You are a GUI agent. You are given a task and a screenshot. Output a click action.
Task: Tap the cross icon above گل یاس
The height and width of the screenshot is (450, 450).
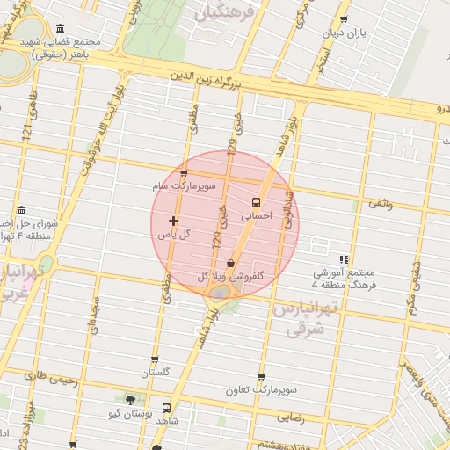tap(172, 220)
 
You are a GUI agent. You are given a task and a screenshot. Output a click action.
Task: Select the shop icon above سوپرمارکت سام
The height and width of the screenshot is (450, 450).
tap(185, 172)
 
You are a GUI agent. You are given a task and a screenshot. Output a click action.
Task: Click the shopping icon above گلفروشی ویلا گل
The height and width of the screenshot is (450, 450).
tap(230, 262)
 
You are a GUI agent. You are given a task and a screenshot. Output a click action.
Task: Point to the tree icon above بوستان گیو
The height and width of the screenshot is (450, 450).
tap(130, 400)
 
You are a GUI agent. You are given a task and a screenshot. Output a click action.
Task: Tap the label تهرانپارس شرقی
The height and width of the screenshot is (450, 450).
tap(299, 319)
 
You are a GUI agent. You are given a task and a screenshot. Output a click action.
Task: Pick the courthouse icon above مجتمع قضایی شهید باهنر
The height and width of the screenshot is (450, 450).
tap(59, 28)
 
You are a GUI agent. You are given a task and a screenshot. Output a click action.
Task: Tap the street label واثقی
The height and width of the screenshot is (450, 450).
tap(381, 203)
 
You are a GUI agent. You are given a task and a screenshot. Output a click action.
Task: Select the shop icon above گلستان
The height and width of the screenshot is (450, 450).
tap(155, 359)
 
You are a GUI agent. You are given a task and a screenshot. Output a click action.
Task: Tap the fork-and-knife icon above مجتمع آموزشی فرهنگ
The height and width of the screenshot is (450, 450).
tap(344, 259)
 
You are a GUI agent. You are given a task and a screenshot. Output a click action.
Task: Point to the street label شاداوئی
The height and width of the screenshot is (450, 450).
tap(288, 209)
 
